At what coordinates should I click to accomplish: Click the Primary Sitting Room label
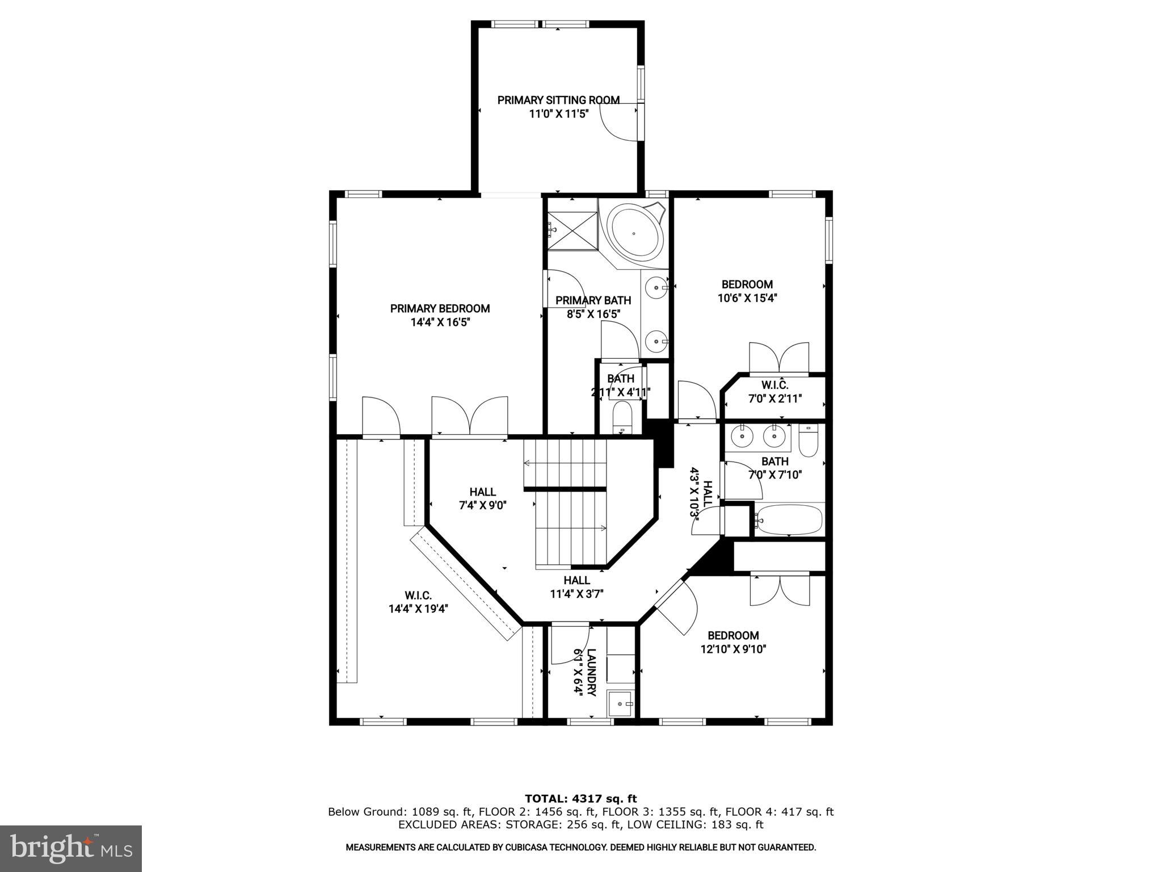tap(558, 100)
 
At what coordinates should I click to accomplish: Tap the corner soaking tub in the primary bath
tap(634, 233)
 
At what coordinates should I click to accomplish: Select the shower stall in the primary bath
tap(573, 230)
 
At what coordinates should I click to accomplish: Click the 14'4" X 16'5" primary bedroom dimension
tap(440, 322)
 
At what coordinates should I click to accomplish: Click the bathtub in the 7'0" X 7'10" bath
tap(789, 519)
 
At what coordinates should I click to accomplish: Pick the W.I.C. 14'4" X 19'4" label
tap(418, 602)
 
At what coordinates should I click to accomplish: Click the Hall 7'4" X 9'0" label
tap(482, 498)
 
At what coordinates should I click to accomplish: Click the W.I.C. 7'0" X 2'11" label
tap(774, 392)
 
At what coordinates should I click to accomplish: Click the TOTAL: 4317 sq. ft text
tap(580, 799)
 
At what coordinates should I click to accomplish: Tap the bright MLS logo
tap(71, 848)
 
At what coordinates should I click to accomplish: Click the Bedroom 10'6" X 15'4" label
tap(747, 291)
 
